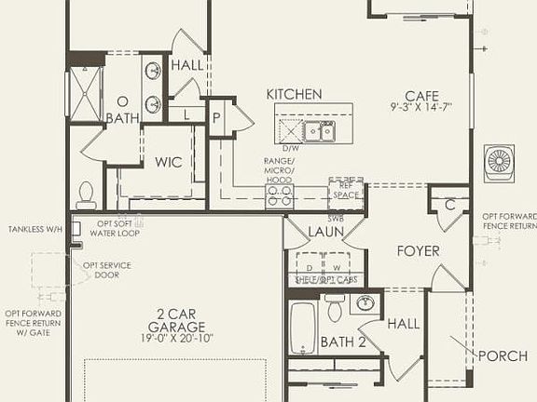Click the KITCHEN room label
click(294, 95)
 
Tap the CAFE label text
click(421, 95)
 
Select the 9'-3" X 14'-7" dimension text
click(421, 107)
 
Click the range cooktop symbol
click(278, 194)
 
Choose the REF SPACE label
click(346, 191)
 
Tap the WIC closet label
click(169, 162)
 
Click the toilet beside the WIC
click(87, 194)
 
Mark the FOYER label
click(418, 251)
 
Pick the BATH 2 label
click(343, 342)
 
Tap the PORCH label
click(503, 356)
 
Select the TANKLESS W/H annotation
click(35, 230)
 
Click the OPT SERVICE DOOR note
click(107, 270)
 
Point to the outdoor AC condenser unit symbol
click(500, 161)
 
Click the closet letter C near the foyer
click(449, 205)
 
